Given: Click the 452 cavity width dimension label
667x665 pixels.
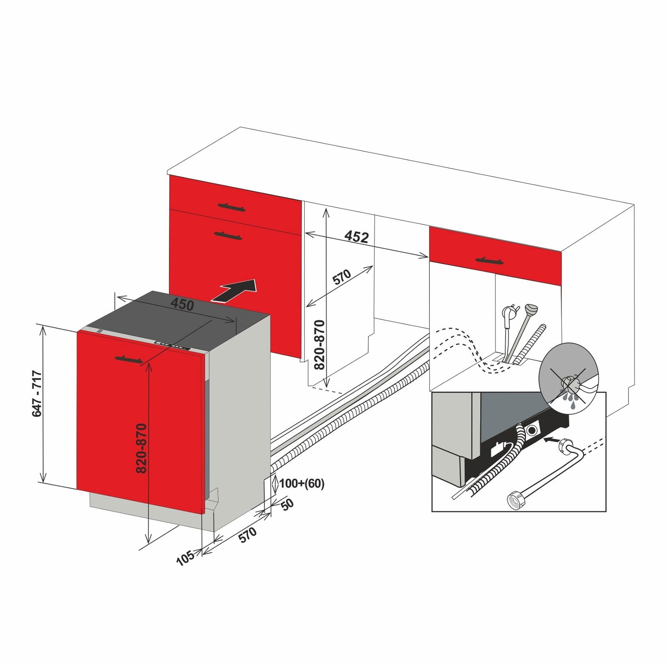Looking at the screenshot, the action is [x=357, y=237].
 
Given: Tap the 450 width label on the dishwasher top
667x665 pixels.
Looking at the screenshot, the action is [x=182, y=304].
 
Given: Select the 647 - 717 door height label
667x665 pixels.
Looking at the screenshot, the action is [x=37, y=393].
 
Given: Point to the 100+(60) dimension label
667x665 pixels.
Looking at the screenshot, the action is [x=301, y=483].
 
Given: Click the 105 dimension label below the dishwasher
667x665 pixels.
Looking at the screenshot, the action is [x=185, y=557].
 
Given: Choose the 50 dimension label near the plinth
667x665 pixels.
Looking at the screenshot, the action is [x=287, y=505].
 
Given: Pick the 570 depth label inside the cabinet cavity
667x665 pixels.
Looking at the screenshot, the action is [x=341, y=277].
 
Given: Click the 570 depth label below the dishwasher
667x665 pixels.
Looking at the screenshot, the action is [x=247, y=535].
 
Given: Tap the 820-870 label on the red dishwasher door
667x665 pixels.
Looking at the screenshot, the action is [x=141, y=448].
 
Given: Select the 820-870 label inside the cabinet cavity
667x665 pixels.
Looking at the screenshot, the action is [x=319, y=345].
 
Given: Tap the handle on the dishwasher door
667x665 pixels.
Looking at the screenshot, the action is [x=128, y=359].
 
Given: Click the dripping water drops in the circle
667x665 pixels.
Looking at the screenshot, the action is [x=569, y=400].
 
